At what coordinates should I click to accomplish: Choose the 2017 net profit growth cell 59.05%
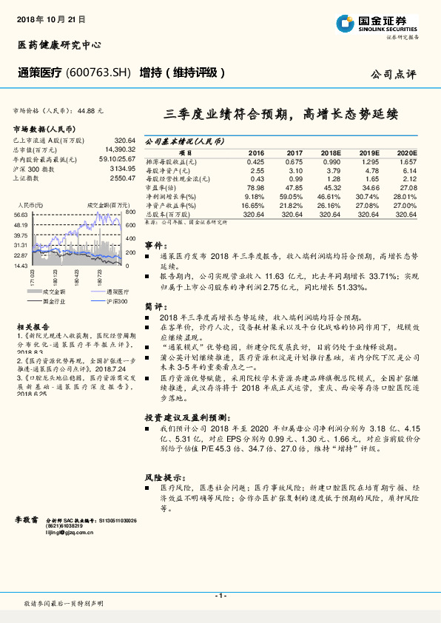pyautogui.click(x=293, y=196)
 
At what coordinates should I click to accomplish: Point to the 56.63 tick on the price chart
pyautogui.click(x=20, y=214)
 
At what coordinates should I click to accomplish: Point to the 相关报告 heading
pyautogui.click(x=33, y=325)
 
